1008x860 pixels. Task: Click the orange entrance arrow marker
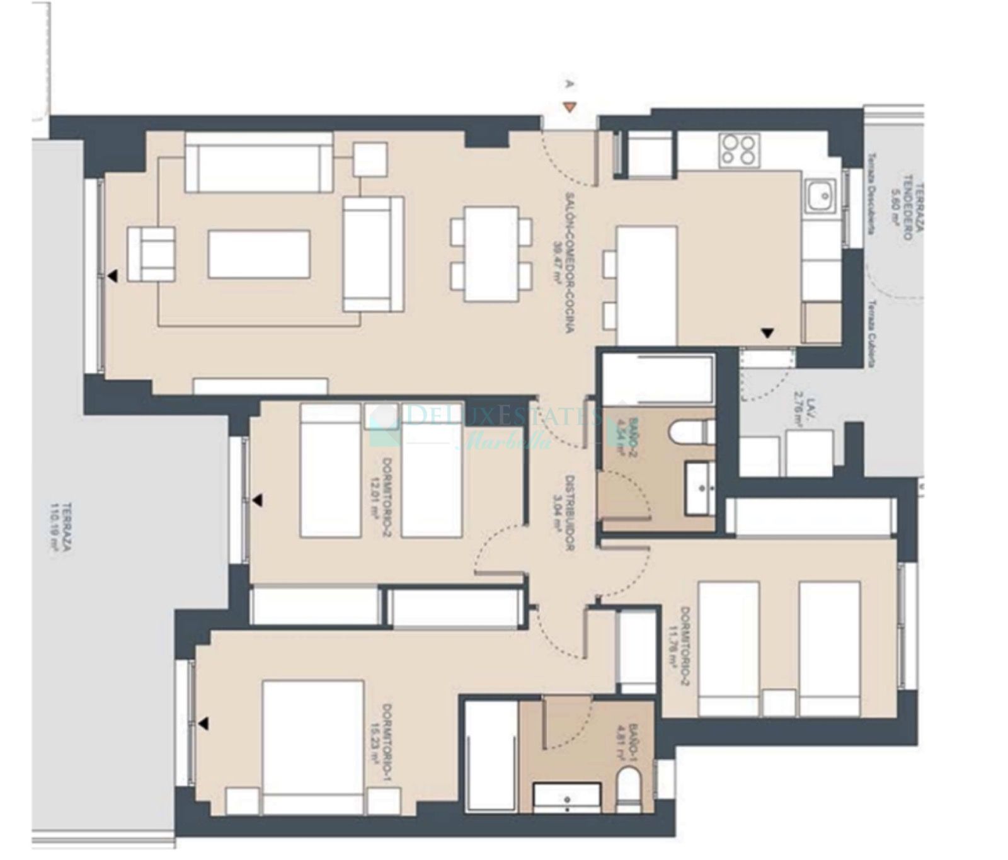click(x=569, y=108)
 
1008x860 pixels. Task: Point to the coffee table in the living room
click(x=259, y=254)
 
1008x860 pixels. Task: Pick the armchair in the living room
click(x=151, y=254)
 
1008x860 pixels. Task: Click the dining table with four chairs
click(x=491, y=254)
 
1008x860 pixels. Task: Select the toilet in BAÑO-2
click(x=691, y=433)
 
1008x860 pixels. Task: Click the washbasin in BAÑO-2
click(x=700, y=488)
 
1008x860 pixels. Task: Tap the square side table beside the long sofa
click(x=370, y=159)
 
